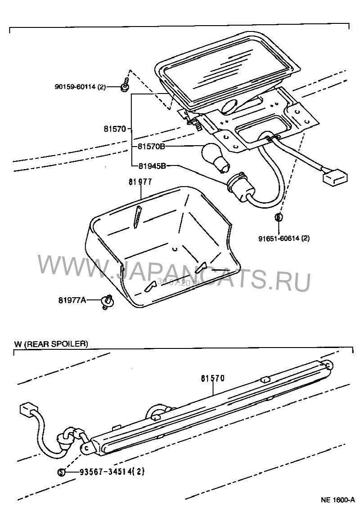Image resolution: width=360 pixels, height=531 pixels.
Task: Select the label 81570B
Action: click(151, 147)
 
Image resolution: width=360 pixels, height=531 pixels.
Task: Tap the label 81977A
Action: click(72, 300)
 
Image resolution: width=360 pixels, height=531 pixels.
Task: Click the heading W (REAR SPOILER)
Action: click(51, 344)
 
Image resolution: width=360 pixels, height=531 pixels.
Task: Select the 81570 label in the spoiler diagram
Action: click(212, 379)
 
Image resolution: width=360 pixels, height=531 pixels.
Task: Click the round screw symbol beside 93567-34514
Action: click(62, 472)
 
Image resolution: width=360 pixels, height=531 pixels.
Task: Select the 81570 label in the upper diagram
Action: click(116, 129)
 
